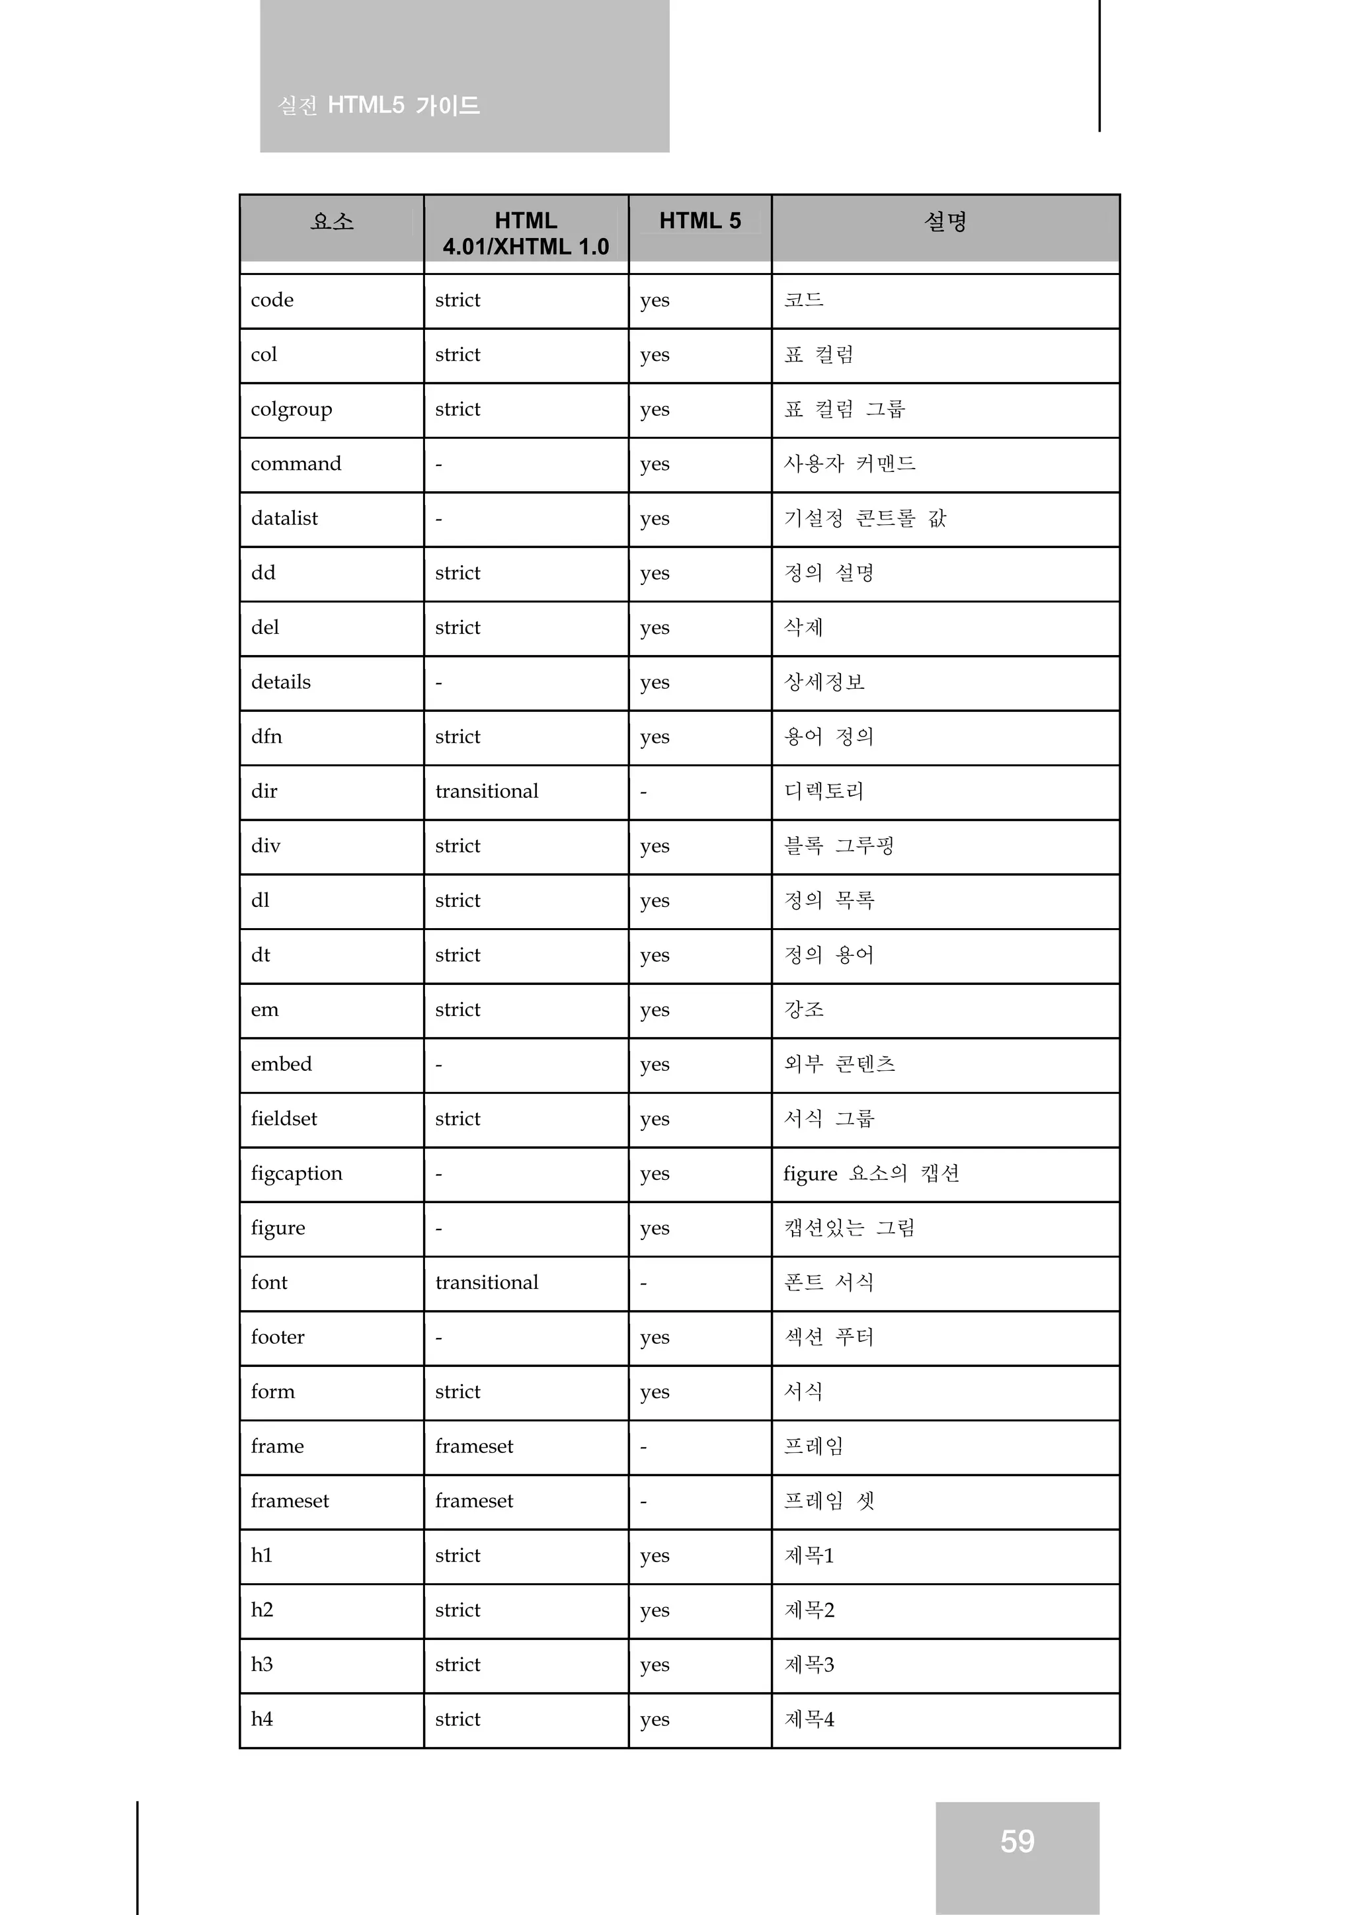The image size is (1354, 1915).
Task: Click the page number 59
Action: pyautogui.click(x=1017, y=1842)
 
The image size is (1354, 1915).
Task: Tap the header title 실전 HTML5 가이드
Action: pyautogui.click(x=379, y=106)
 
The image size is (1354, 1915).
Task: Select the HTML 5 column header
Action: pyautogui.click(x=700, y=221)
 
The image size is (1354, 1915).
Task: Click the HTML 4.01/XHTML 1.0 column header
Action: pyautogui.click(x=526, y=233)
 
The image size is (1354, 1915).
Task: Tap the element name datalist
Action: pyautogui.click(x=284, y=519)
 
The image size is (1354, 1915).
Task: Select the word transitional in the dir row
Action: pyautogui.click(x=487, y=791)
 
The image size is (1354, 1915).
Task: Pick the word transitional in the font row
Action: pyautogui.click(x=487, y=1283)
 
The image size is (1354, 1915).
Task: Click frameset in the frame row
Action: pyautogui.click(x=474, y=1446)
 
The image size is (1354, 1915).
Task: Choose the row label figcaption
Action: pyautogui.click(x=296, y=1173)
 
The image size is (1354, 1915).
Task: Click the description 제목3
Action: pyautogui.click(x=809, y=1664)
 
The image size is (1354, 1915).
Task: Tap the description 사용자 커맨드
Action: pyautogui.click(x=850, y=464)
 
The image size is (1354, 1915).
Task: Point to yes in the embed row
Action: pyautogui.click(x=655, y=1065)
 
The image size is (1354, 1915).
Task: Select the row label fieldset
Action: pyautogui.click(x=284, y=1119)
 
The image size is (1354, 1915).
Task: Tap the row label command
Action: pyautogui.click(x=296, y=464)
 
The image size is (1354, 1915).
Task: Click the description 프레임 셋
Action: pyautogui.click(x=829, y=1501)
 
